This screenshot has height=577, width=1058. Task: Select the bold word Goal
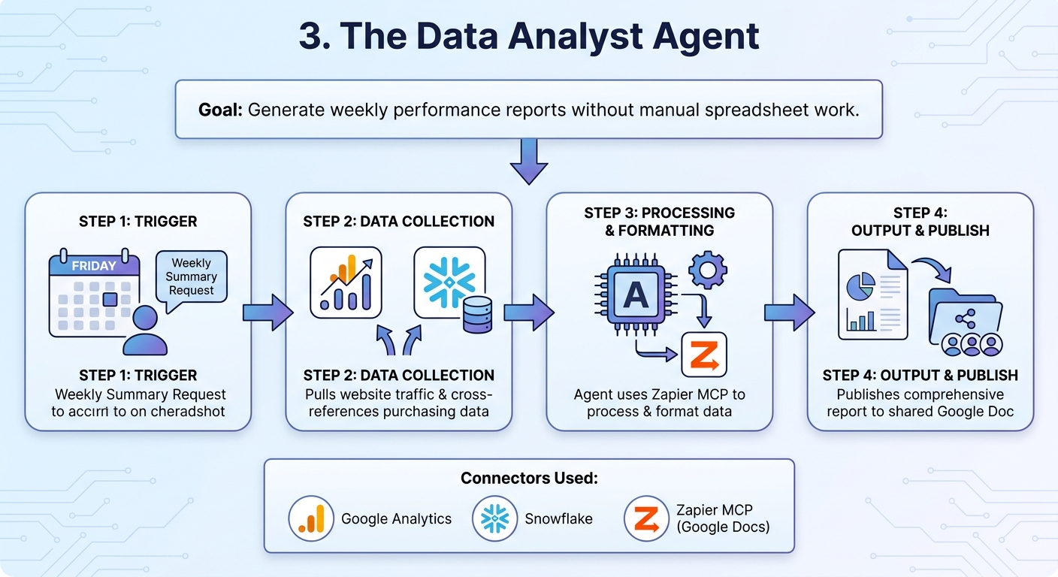pyautogui.click(x=219, y=110)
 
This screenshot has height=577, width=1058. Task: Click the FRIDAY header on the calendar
pyautogui.click(x=94, y=265)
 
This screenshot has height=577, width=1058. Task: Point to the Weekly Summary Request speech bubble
pyautogui.click(x=191, y=277)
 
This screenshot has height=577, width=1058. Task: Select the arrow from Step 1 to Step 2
pyautogui.click(x=268, y=312)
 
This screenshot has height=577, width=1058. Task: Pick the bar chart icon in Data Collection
pyautogui.click(x=346, y=283)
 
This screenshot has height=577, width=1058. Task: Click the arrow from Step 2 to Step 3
pyautogui.click(x=528, y=312)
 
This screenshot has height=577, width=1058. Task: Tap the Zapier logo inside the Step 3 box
pyautogui.click(x=703, y=354)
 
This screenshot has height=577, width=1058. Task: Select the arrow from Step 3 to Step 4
pyautogui.click(x=789, y=312)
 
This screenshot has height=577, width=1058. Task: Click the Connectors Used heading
pyautogui.click(x=529, y=479)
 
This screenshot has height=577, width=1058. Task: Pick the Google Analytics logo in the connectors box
pyautogui.click(x=310, y=518)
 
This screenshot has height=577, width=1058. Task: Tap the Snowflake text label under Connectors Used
pyautogui.click(x=558, y=518)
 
